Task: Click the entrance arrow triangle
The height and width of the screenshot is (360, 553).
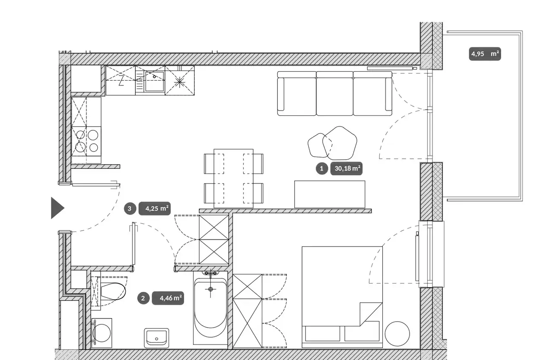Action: pos(57,208)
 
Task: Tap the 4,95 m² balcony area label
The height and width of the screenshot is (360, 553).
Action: pos(485,54)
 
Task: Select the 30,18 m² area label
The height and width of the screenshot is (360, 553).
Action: pos(346,168)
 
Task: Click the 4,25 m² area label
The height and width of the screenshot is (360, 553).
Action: pos(155,208)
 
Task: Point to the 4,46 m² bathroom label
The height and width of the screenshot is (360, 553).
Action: pos(168,298)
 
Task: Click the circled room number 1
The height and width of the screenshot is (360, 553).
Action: pos(322,168)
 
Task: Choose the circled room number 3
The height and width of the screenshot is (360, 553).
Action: pos(130,208)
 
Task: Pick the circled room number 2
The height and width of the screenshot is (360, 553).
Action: pos(143,298)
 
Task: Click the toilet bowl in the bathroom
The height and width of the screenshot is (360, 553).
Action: pos(113,291)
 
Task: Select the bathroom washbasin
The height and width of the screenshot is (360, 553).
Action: pos(156,338)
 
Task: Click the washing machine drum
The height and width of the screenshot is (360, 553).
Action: pos(102,333)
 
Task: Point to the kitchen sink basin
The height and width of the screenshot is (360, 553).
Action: pos(155,81)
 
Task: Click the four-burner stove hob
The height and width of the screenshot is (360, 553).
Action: pos(86,141)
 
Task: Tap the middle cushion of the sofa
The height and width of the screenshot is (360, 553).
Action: pos(335,94)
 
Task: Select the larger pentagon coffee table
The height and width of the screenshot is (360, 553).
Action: pos(340,143)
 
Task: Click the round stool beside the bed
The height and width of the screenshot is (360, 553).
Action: pos(397,334)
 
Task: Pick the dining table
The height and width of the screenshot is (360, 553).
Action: pos(234,179)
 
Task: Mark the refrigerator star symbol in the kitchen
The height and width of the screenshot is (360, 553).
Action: pos(179,82)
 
